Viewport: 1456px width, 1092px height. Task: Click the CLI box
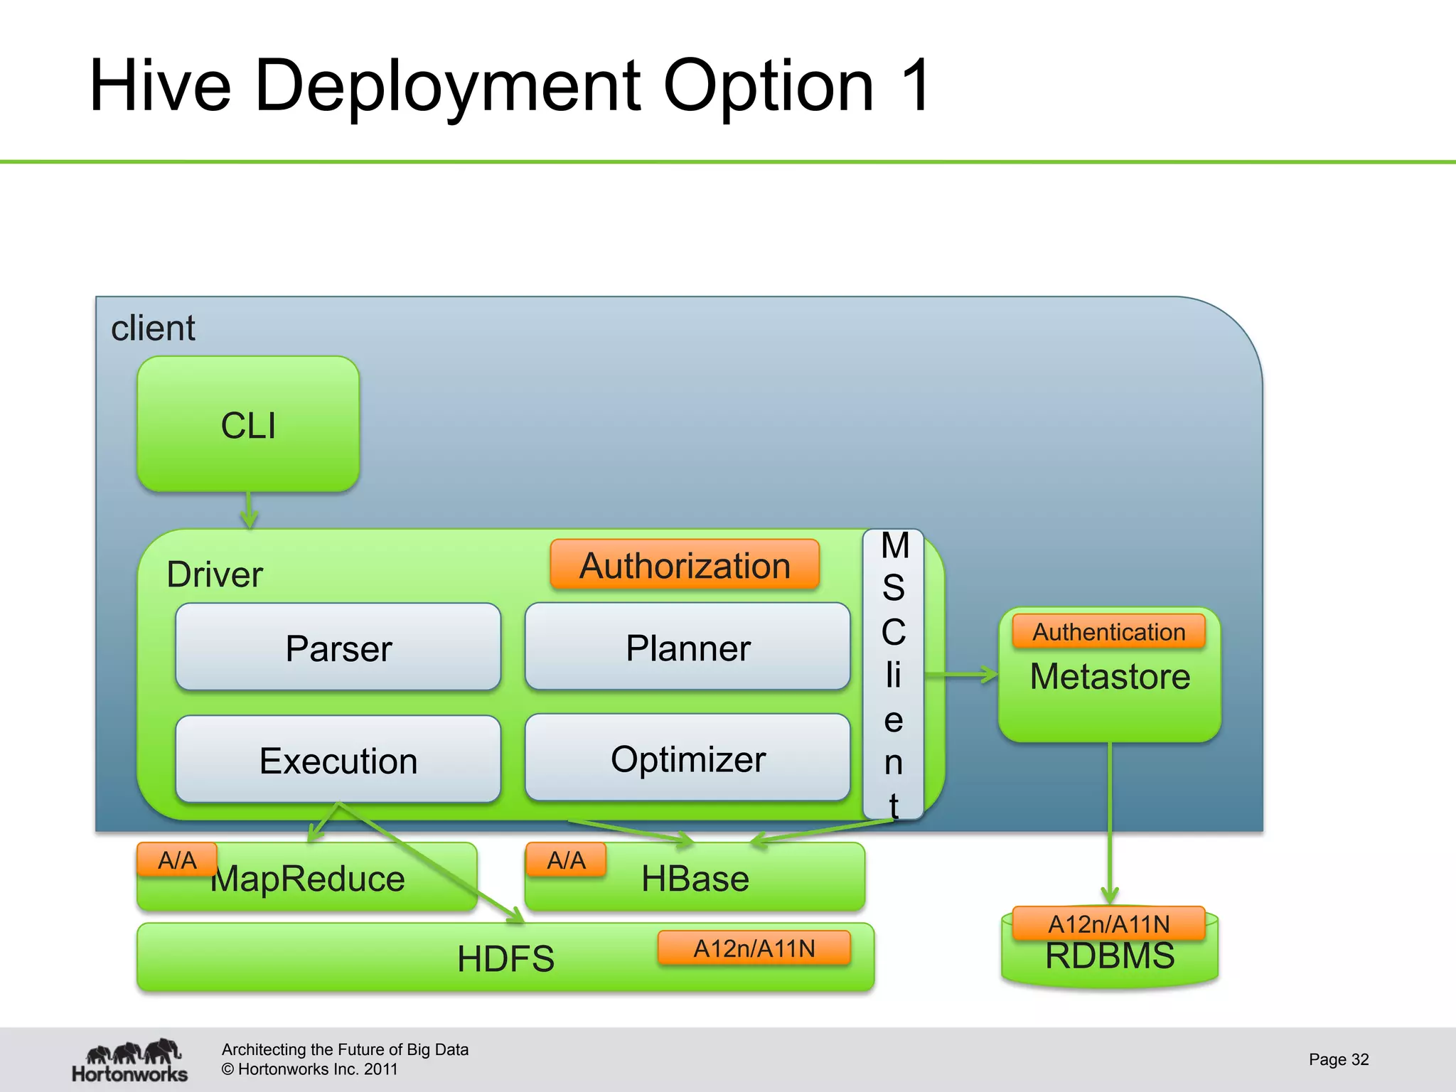[248, 424]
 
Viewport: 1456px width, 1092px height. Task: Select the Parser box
[338, 647]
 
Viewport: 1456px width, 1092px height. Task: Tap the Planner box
[687, 647]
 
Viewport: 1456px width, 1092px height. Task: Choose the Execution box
[338, 759]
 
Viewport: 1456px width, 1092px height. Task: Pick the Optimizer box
[687, 758]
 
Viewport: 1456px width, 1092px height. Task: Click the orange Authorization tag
[685, 565]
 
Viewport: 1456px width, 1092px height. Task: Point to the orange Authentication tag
[1108, 631]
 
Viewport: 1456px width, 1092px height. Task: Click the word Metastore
[1110, 676]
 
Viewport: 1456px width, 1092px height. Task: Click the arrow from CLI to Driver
[249, 510]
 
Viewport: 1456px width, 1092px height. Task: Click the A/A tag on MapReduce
[177, 860]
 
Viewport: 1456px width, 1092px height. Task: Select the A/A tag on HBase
[566, 860]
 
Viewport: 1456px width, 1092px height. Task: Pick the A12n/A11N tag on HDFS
[754, 948]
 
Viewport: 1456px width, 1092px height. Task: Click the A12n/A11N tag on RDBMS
[1108, 924]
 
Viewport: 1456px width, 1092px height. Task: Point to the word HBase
[695, 879]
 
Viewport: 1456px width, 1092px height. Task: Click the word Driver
[214, 574]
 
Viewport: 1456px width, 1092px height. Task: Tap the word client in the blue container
[153, 328]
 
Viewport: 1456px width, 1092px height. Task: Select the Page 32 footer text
[1338, 1059]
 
